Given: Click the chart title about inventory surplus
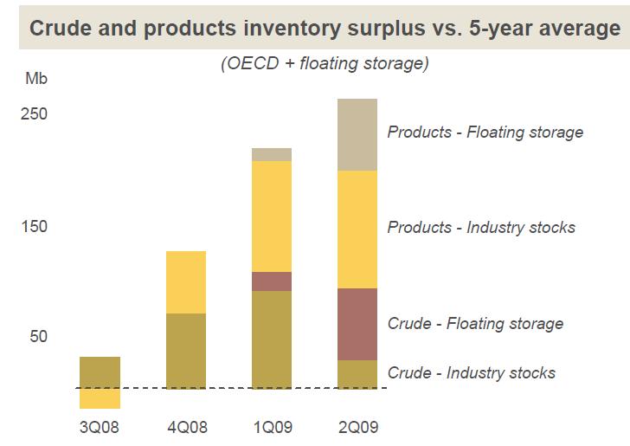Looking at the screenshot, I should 325,28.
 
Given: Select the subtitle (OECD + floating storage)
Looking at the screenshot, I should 325,64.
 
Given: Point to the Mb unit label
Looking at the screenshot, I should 36,80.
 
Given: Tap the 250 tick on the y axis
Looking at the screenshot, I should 34,115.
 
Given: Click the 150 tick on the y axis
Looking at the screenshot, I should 34,227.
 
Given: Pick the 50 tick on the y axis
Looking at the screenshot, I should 37,337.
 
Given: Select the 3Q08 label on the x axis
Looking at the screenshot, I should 100,426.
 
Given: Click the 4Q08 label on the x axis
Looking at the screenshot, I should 186,426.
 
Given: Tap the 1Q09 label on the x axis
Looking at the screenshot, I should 272,426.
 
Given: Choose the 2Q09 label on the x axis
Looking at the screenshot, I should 357,426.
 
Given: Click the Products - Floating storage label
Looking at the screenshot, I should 485,133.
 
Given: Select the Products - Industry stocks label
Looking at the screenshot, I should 481,228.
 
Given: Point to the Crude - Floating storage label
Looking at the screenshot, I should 475,324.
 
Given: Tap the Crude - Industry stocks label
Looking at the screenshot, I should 472,373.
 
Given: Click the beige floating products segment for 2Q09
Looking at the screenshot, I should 357,135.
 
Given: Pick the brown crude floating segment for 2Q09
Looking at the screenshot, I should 357,324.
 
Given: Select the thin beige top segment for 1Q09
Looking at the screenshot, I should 272,154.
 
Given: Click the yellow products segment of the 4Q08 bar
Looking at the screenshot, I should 186,282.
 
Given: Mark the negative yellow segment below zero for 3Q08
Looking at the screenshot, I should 100,398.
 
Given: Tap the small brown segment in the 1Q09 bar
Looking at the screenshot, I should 272,281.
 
